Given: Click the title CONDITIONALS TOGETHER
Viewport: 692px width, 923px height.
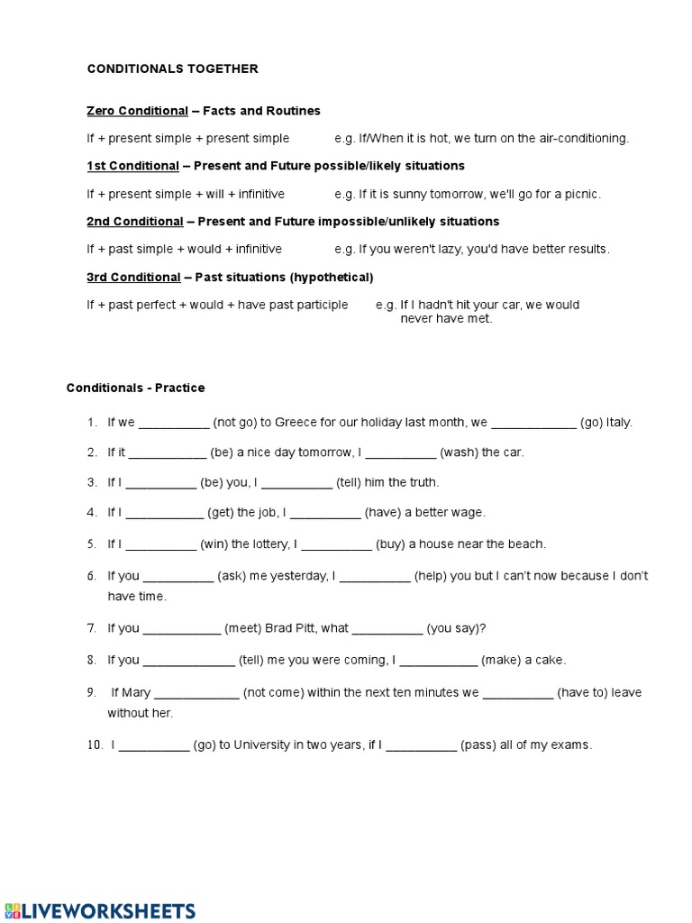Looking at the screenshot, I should (x=172, y=69).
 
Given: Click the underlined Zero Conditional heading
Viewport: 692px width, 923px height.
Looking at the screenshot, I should (x=137, y=111).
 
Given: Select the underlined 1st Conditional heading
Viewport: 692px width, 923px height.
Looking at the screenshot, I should (x=132, y=166).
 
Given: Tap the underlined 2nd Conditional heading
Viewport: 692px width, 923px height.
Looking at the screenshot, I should (x=134, y=222).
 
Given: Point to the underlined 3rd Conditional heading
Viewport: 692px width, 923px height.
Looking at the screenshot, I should (x=133, y=277).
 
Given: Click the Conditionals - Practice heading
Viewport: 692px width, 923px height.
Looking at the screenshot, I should (x=135, y=388).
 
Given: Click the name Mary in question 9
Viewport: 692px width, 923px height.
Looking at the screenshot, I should (x=135, y=693).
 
